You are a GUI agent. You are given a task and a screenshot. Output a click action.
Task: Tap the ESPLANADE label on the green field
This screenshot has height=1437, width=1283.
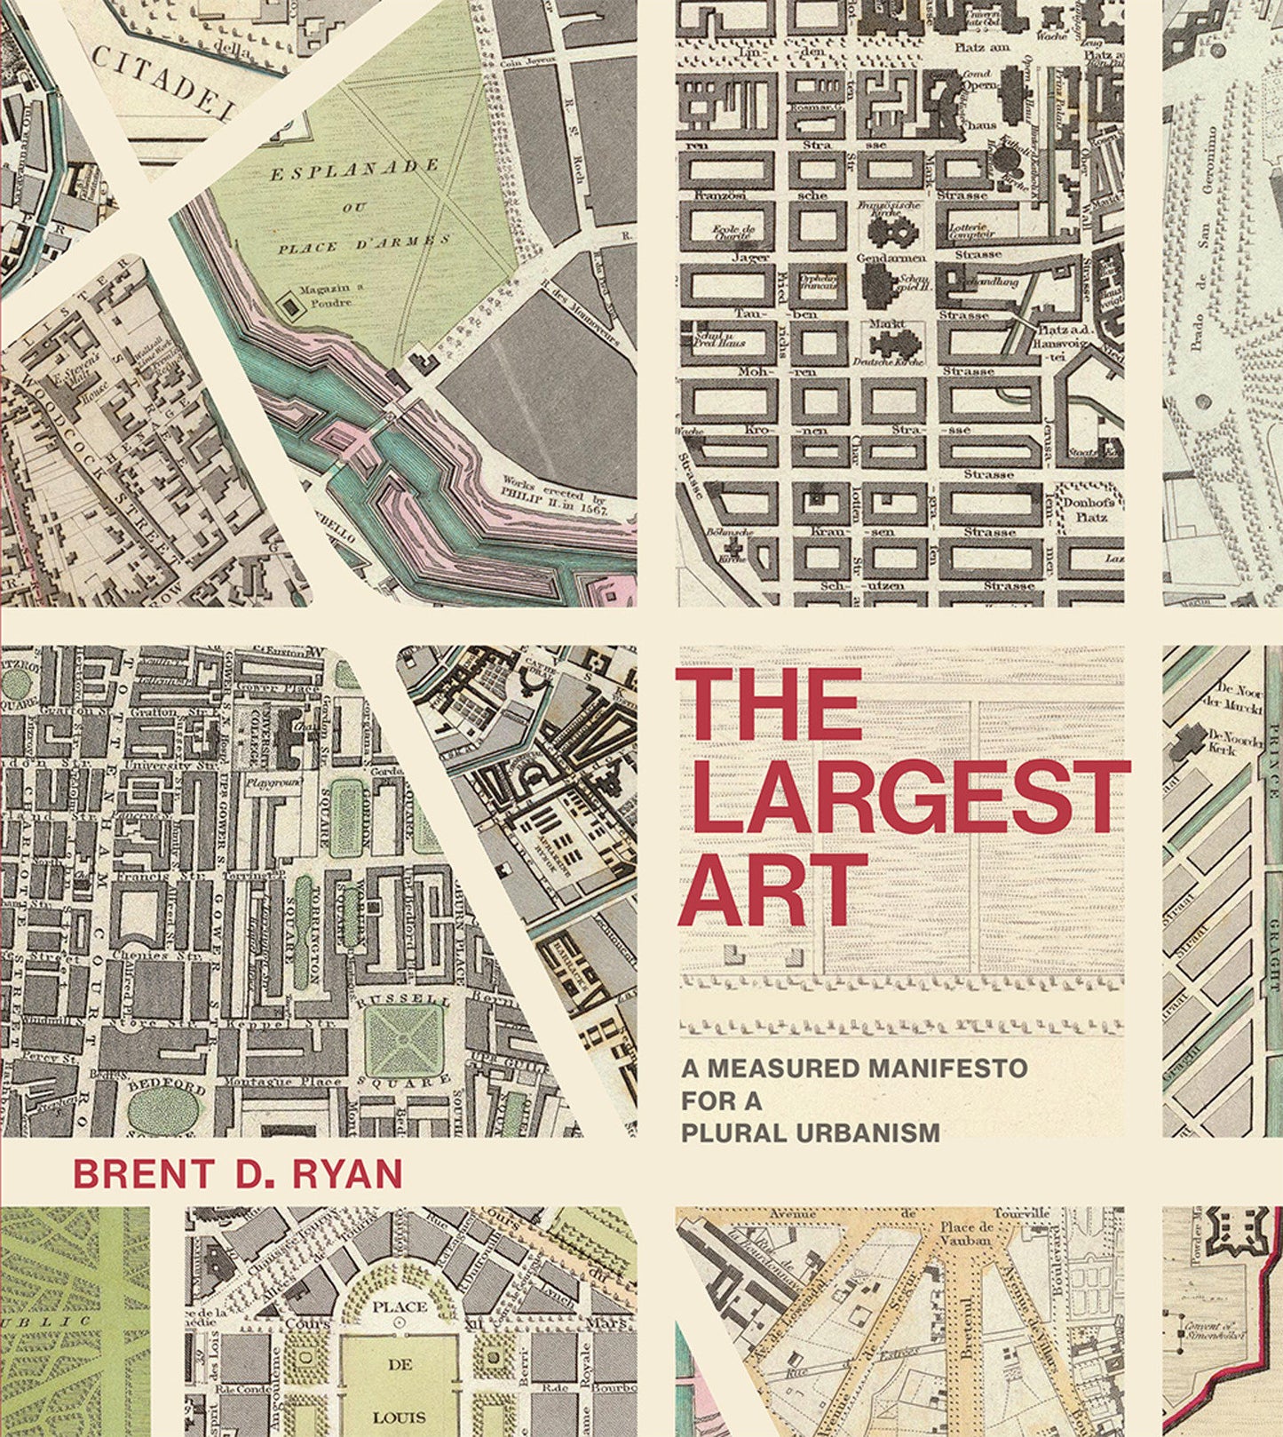pos(354,168)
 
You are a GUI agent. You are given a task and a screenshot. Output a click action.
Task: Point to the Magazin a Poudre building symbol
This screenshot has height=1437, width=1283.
pos(289,306)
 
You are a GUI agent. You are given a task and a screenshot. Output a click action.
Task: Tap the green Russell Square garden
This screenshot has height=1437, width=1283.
pos(404,1038)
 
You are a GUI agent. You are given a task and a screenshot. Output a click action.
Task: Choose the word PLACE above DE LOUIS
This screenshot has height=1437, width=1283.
pos(400,1306)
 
